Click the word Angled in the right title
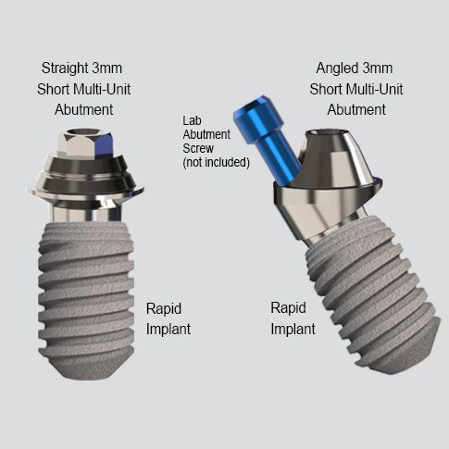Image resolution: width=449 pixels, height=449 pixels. tap(337, 69)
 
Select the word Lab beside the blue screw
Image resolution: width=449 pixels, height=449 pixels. tap(192, 120)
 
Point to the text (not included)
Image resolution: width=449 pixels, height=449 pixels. tap(216, 162)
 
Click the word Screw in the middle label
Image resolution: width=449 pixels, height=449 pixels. tap(198, 148)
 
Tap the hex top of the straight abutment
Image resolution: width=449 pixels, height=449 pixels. tap(85, 143)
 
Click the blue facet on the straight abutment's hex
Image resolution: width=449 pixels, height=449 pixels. tap(104, 145)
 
